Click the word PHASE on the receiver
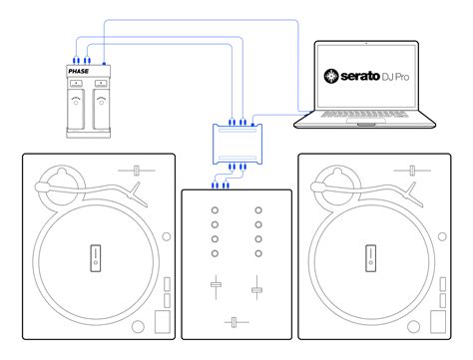pyautogui.click(x=79, y=71)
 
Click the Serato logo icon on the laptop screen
pyautogui.click(x=331, y=76)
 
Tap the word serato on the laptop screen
pyautogui.click(x=360, y=76)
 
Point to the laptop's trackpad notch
pyautogui.click(x=366, y=125)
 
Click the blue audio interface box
pyautogui.click(x=237, y=145)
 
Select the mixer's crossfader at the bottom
pyautogui.click(x=234, y=322)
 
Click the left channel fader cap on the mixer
pyautogui.click(x=217, y=284)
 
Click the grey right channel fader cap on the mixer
pyautogui.click(x=256, y=290)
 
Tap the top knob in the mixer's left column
pyautogui.click(x=215, y=210)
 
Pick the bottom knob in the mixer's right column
pyautogui.click(x=258, y=253)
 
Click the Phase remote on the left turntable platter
pyautogui.click(x=96, y=258)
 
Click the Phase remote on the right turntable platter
pyautogui.click(x=370, y=258)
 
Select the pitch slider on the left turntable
pyautogui.click(x=136, y=171)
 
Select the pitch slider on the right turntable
pyautogui.click(x=412, y=171)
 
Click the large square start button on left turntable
pyautogui.click(x=163, y=322)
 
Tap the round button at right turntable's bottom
pyautogui.click(x=413, y=327)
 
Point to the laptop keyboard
pyautogui.click(x=364, y=114)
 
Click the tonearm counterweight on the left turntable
pyautogui.click(x=42, y=186)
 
